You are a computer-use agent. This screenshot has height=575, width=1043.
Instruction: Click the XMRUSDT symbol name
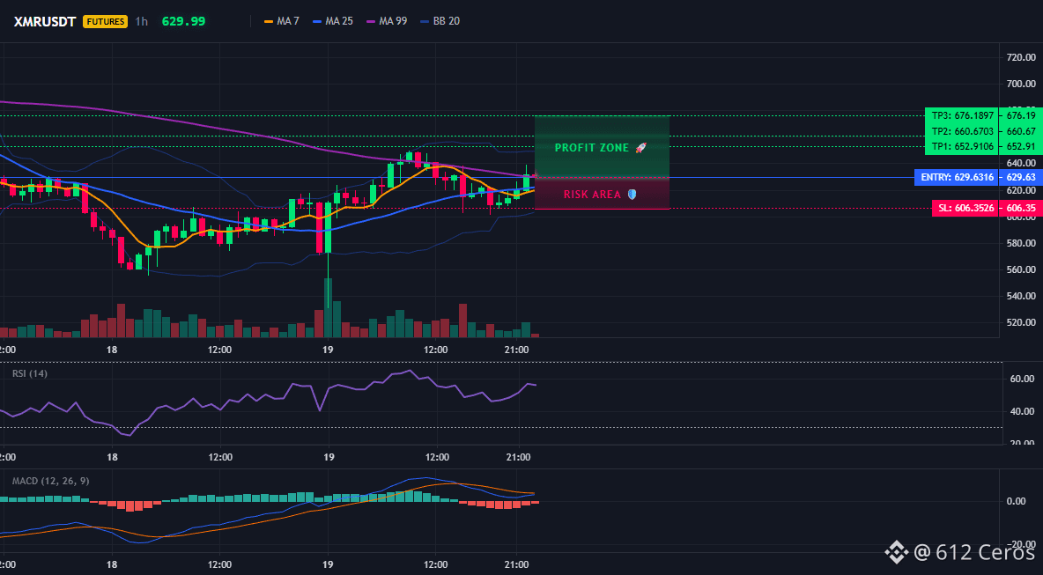point(46,21)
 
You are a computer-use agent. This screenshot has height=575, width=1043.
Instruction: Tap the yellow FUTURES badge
point(105,21)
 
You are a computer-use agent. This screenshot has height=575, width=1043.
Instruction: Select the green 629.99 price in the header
point(183,21)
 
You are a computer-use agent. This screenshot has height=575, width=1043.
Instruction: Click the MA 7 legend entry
point(281,21)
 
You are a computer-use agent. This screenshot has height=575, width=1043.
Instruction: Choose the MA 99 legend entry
point(387,21)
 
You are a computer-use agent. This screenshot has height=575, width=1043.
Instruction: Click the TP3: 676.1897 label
point(963,115)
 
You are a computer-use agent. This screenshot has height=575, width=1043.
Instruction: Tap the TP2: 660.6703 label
point(963,131)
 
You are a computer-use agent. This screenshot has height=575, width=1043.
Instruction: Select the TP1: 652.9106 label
point(963,147)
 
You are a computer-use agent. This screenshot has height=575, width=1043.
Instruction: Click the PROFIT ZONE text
point(592,148)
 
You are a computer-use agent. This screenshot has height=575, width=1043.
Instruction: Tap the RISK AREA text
point(592,195)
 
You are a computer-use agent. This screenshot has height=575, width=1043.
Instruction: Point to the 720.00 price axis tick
point(1021,58)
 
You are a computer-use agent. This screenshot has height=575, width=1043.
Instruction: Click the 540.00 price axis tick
point(1021,297)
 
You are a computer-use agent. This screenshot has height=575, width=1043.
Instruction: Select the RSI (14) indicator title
point(30,373)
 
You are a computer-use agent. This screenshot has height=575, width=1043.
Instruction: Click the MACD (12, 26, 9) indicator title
point(50,481)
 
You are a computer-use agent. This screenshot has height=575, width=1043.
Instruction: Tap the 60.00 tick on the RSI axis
point(1021,379)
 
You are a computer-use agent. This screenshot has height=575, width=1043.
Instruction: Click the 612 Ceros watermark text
point(975,551)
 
